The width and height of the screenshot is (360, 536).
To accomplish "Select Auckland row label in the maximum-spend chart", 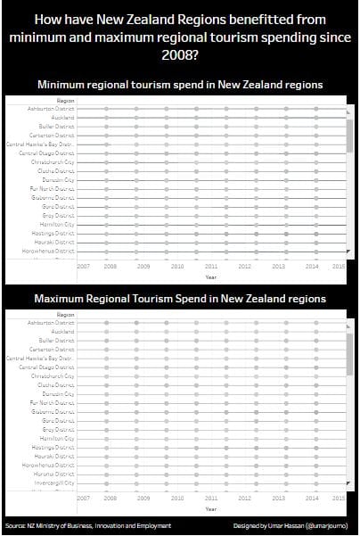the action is (x=62, y=331).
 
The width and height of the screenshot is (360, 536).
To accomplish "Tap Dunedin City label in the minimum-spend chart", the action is (x=59, y=179).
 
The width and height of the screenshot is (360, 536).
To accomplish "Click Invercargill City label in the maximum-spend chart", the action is (x=56, y=482).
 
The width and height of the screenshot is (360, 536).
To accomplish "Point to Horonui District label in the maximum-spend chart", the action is (x=56, y=474).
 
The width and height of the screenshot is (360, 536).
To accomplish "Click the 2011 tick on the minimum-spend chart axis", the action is (x=210, y=266).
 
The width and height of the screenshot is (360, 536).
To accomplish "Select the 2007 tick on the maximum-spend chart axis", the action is (x=83, y=498).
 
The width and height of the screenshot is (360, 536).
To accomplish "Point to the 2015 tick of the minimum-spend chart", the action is (x=338, y=266).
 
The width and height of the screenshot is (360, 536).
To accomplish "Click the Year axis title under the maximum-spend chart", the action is (x=210, y=508).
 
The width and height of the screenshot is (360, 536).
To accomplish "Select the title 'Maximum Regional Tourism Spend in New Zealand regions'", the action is (x=180, y=298).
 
